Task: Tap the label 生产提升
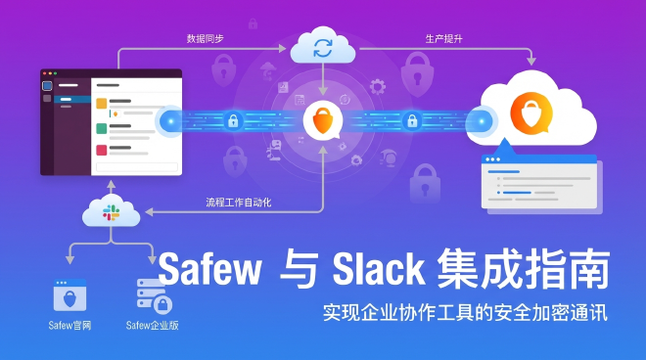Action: pyautogui.click(x=443, y=39)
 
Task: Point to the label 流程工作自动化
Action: pyautogui.click(x=238, y=202)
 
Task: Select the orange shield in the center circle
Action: pyautogui.click(x=322, y=121)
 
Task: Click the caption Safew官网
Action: pyautogui.click(x=70, y=326)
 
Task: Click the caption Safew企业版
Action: pyautogui.click(x=154, y=326)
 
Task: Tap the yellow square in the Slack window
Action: pyautogui.click(x=101, y=104)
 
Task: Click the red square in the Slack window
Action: pyautogui.click(x=101, y=150)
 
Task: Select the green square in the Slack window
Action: pyautogui.click(x=101, y=127)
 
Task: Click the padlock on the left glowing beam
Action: pyautogui.click(x=233, y=121)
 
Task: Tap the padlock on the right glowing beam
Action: pyautogui.click(x=411, y=121)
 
